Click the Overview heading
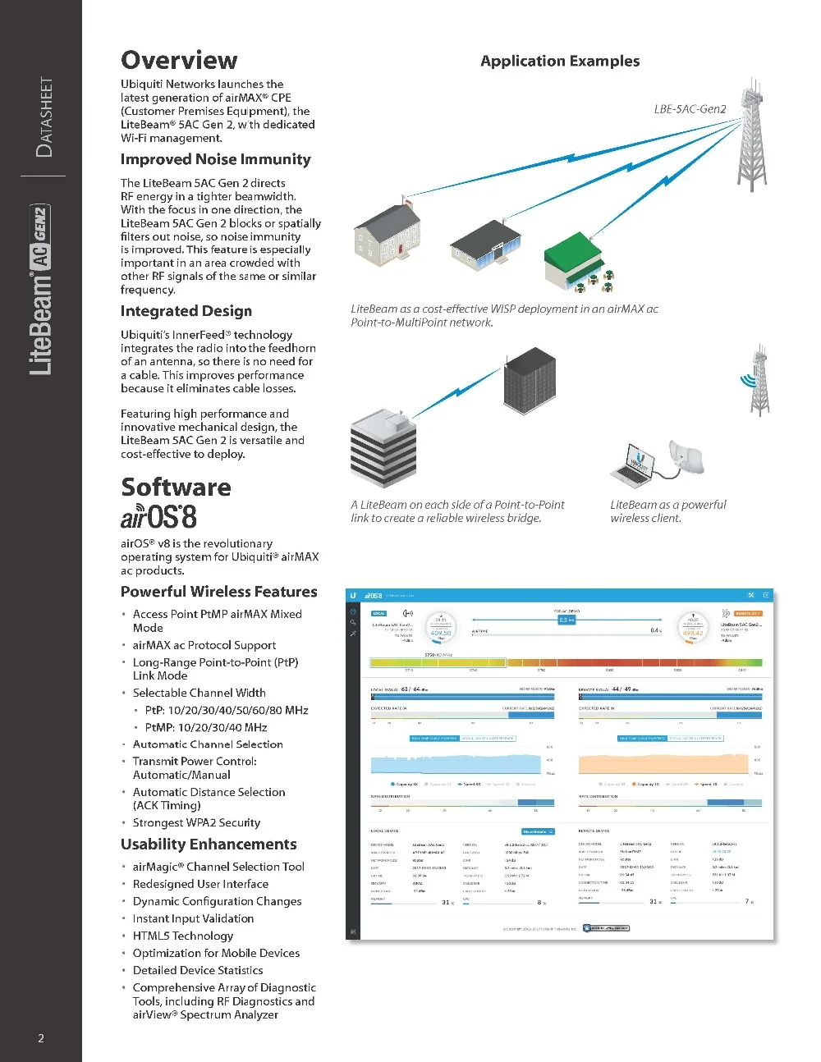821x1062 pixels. point(179,60)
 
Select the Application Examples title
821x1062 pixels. point(560,61)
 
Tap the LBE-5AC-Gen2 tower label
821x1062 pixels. point(690,108)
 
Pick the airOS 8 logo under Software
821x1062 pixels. point(158,517)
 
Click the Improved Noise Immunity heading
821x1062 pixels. point(216,159)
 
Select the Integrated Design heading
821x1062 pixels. point(186,311)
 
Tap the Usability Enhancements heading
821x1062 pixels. point(209,845)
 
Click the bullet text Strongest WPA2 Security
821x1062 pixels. point(196,822)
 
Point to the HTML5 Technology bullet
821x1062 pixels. point(182,936)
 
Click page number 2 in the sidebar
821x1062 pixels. point(41,1038)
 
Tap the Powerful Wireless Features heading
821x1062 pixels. point(218,592)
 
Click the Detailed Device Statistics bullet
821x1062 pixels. point(198,970)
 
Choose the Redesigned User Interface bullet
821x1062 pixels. point(200,884)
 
